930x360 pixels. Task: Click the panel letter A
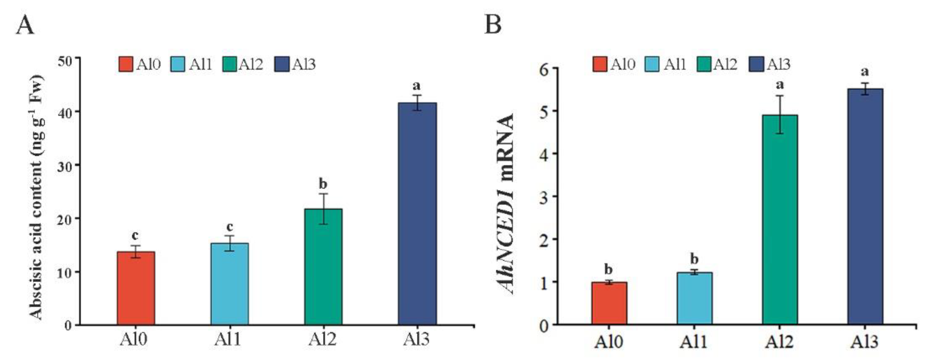tap(25, 25)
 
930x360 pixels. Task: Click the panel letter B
tap(493, 25)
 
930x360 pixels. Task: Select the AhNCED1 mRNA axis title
tap(504, 204)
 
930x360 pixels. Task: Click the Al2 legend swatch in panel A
tap(229, 64)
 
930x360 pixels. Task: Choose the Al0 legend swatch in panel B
tap(600, 64)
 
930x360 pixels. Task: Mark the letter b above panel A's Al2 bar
tap(323, 184)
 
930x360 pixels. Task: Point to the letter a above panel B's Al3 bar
tap(865, 72)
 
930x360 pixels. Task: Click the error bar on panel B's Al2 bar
tap(780, 114)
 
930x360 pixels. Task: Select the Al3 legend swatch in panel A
tap(282, 64)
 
